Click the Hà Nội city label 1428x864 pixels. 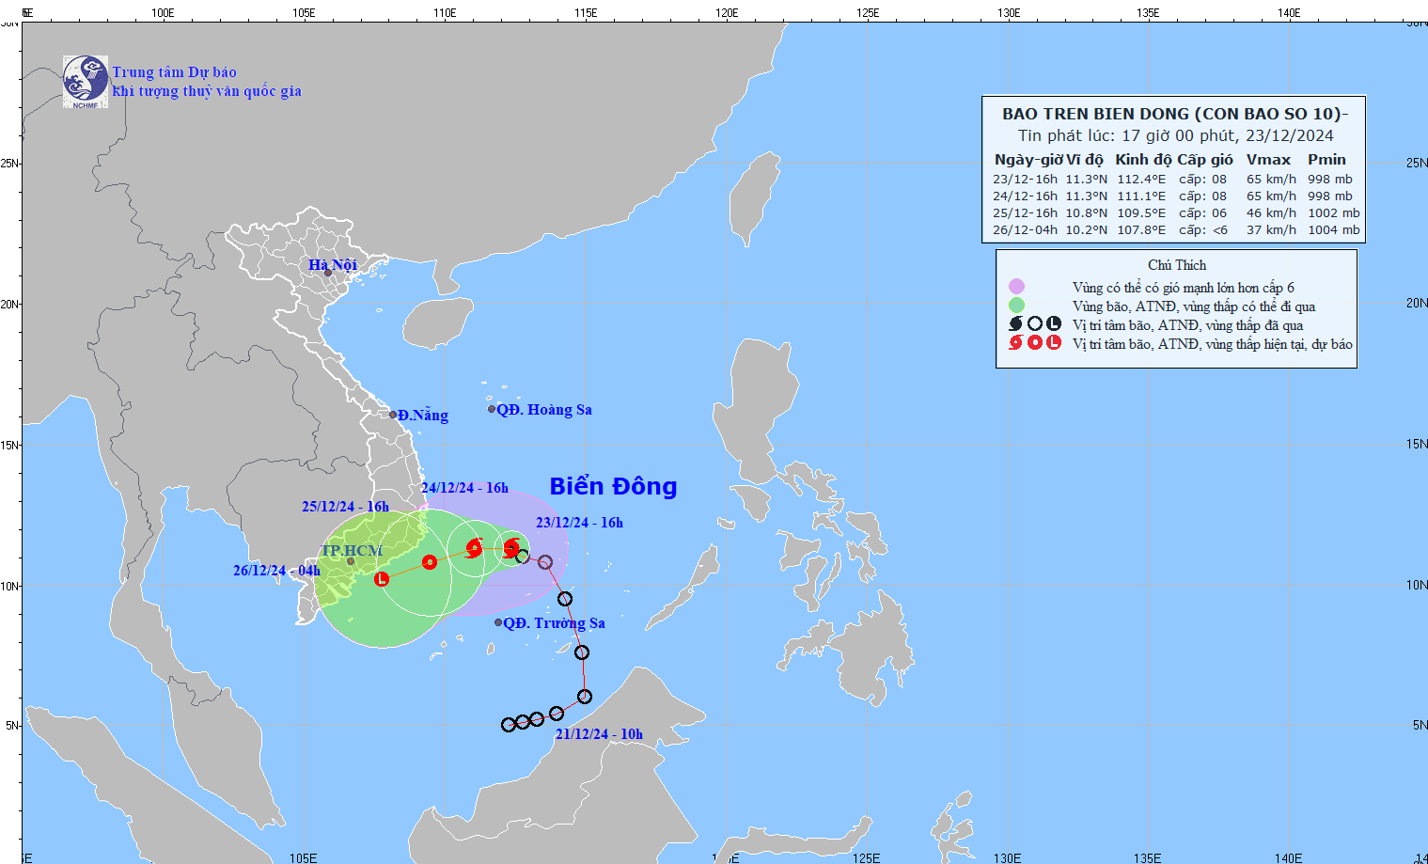coord(333,265)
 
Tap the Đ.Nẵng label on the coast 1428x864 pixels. coord(422,416)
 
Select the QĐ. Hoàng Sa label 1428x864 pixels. coord(544,410)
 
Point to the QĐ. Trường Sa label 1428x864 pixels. coord(554,623)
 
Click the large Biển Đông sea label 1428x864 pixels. coord(613,486)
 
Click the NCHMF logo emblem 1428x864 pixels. coord(86,82)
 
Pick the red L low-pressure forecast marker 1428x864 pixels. coord(382,579)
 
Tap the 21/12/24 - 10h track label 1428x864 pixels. coord(599,734)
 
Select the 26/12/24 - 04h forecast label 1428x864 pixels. coord(276,571)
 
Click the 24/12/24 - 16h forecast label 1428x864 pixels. coord(464,488)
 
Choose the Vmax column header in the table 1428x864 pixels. coord(1268,160)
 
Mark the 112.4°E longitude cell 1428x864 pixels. coord(1140,180)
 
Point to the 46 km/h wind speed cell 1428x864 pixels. coord(1271,213)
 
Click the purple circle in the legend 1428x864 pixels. coord(1016,287)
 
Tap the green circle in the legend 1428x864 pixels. coord(1016,306)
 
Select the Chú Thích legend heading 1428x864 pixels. coord(1176,265)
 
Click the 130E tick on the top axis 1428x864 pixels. coord(1009,12)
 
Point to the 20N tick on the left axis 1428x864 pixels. coord(9,304)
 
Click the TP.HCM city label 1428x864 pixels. coord(352,551)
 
